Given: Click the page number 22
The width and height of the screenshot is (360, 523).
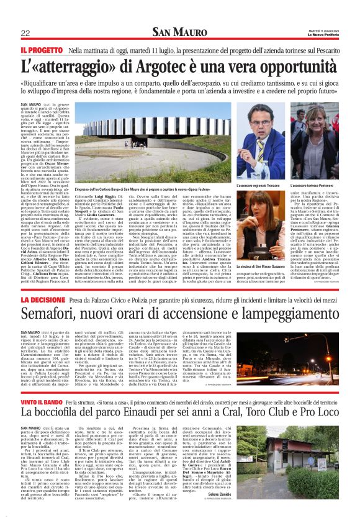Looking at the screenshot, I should pyautogui.click(x=25, y=33).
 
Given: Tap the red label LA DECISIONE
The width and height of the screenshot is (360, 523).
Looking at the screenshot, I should pyautogui.click(x=42, y=299).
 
